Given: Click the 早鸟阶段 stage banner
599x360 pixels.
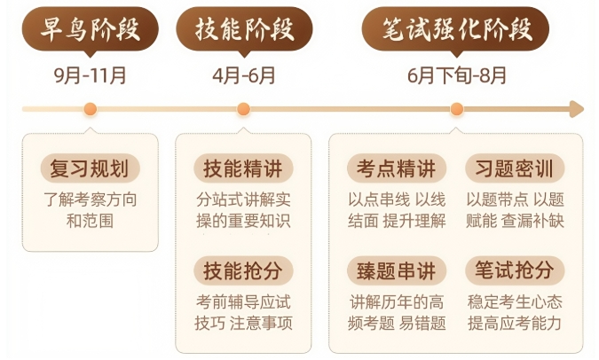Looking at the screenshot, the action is [91, 29].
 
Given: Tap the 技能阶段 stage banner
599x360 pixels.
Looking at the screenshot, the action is [244, 29].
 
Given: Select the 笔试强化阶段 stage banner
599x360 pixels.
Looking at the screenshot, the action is [456, 29].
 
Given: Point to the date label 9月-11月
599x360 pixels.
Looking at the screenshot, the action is [91, 75].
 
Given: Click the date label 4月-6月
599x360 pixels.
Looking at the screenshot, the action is [244, 75].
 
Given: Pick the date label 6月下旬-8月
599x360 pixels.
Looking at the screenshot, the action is [457, 75].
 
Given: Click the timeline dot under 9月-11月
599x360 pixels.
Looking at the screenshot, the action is [91, 109].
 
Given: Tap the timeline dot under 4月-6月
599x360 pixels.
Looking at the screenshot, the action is [244, 109].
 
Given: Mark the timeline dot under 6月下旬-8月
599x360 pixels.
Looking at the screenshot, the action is [457, 109].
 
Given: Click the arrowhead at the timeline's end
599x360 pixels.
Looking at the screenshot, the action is [577, 109].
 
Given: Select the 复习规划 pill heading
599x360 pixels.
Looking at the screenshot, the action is [91, 168].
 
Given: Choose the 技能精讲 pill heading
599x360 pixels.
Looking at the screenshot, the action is [243, 168].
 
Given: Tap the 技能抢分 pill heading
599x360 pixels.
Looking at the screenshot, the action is [243, 270].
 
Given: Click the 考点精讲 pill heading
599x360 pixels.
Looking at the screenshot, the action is [397, 168].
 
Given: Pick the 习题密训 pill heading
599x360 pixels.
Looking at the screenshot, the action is [515, 168].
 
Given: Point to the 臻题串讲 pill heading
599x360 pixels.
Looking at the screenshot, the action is [397, 270].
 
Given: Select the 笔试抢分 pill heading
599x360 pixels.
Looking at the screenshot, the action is [515, 270].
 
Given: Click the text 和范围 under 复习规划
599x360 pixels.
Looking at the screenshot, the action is [91, 221].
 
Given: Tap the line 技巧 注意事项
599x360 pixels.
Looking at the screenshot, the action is [243, 323].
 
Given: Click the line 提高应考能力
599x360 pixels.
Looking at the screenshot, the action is [515, 323].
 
